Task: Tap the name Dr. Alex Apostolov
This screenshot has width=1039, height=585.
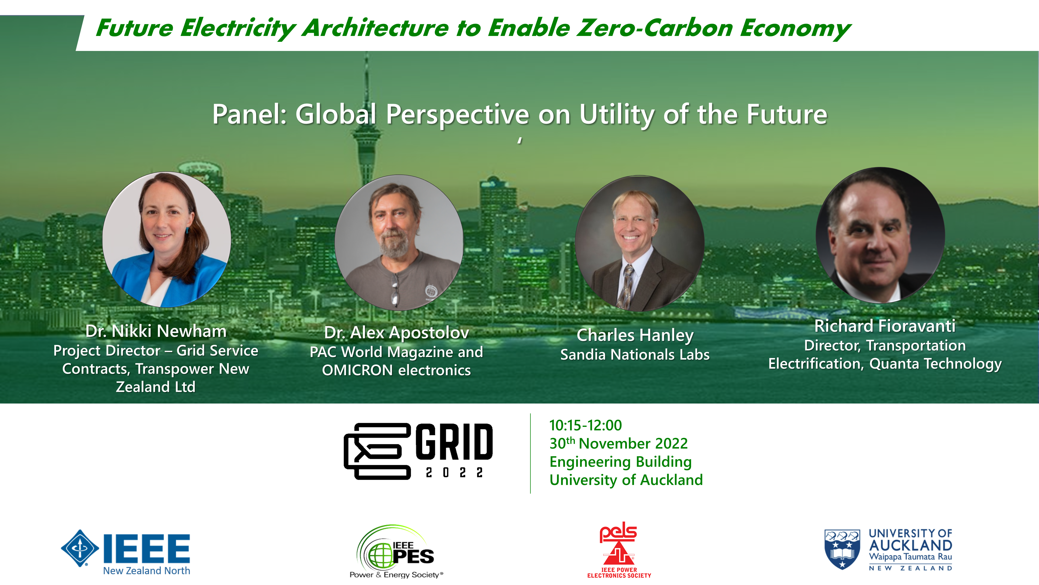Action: pyautogui.click(x=396, y=333)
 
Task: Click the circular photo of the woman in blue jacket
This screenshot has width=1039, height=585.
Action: pyautogui.click(x=166, y=239)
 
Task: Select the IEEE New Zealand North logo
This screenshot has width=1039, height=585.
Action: pyautogui.click(x=125, y=552)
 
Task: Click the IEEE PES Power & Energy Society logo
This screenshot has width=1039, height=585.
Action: pyautogui.click(x=396, y=551)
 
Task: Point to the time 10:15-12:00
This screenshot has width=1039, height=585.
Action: pyautogui.click(x=585, y=425)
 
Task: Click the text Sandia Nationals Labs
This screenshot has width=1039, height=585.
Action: pyautogui.click(x=635, y=354)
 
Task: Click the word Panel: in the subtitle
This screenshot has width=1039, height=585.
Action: pyautogui.click(x=250, y=114)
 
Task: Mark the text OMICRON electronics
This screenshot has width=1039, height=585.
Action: pyautogui.click(x=396, y=370)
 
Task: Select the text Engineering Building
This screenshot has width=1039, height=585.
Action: pyautogui.click(x=620, y=462)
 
